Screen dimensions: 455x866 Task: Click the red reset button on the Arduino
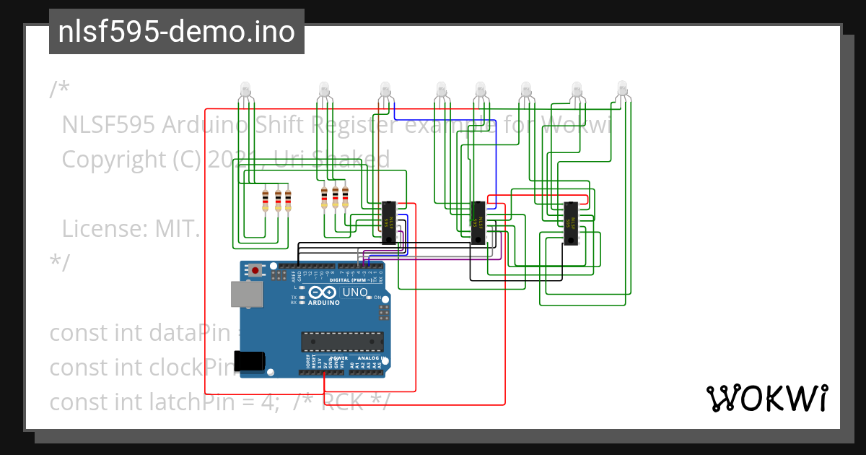coord(255,271)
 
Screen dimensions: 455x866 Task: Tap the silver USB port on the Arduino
coord(246,294)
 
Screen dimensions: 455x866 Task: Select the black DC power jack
coord(250,361)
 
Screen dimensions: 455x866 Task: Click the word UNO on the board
coord(354,292)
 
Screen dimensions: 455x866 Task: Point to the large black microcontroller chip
coord(342,340)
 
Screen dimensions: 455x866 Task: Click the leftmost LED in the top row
coord(245,90)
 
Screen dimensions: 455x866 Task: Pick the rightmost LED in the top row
coord(623,90)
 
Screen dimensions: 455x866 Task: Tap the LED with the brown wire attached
coord(385,90)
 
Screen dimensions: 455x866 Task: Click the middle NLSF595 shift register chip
coord(478,222)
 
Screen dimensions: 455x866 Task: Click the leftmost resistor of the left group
coord(266,201)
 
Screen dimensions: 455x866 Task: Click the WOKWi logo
coord(766,398)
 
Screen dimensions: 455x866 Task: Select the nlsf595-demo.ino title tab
coord(177,32)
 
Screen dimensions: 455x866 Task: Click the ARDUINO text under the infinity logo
coord(324,303)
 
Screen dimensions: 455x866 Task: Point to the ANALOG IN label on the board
coord(369,358)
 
